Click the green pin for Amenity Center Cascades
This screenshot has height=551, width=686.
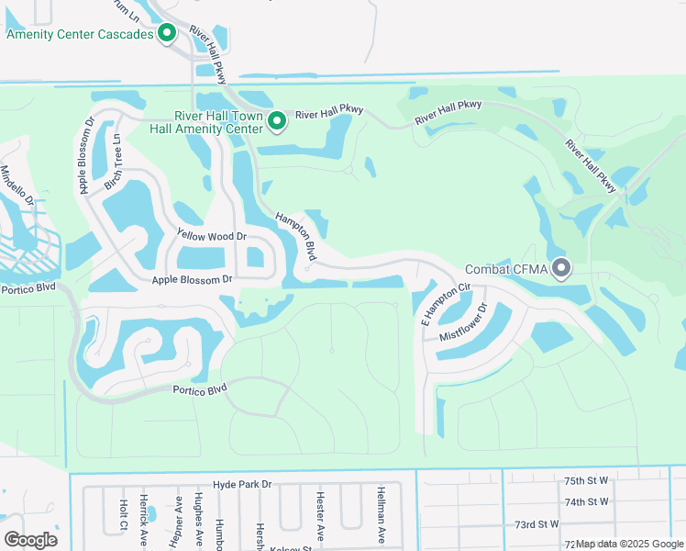tap(167, 35)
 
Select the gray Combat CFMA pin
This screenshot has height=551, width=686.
tap(561, 268)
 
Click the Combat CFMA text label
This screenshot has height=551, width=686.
tap(506, 269)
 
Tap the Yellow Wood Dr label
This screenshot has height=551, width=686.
tap(212, 237)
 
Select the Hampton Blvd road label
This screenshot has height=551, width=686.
tap(297, 236)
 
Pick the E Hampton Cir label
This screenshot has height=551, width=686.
tap(446, 304)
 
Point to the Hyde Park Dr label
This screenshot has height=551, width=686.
tap(242, 483)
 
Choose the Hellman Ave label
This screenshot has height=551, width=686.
tap(380, 515)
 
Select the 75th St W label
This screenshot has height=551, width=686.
tap(586, 480)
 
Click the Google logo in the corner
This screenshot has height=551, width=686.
tap(30, 539)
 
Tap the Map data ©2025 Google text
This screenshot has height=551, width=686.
tap(630, 544)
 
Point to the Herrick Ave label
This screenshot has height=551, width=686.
tap(143, 522)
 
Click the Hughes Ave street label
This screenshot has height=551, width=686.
tap(197, 520)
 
